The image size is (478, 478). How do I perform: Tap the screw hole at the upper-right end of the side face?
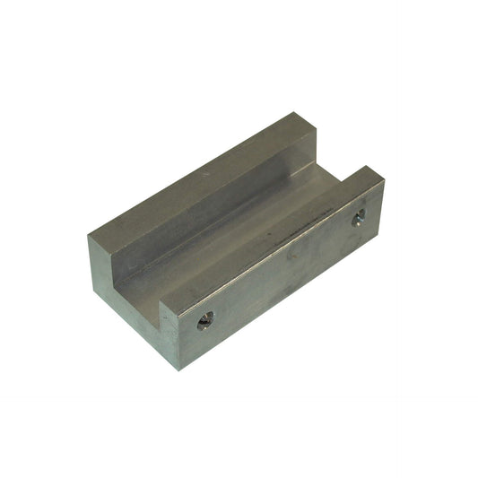coord(358,217)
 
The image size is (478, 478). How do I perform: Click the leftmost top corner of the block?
coord(88,236)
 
